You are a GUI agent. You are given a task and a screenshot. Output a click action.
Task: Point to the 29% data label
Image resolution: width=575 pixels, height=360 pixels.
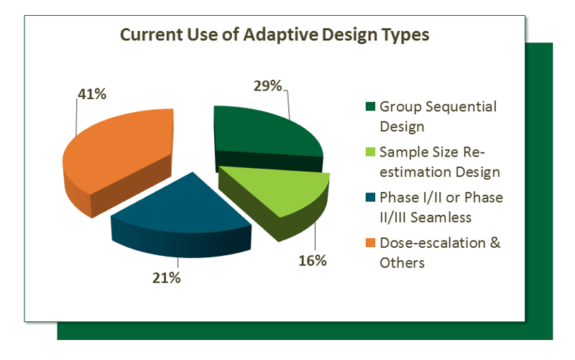point(267,86)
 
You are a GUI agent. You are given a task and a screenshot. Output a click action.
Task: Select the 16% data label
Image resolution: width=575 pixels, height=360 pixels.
point(313,260)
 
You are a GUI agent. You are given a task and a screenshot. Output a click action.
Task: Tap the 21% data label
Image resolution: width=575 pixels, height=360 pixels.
point(165,277)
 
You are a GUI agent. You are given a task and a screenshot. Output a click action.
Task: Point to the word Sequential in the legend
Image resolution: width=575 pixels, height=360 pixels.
point(460,106)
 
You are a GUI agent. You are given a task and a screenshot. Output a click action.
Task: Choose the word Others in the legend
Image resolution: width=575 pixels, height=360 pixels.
point(402,262)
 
